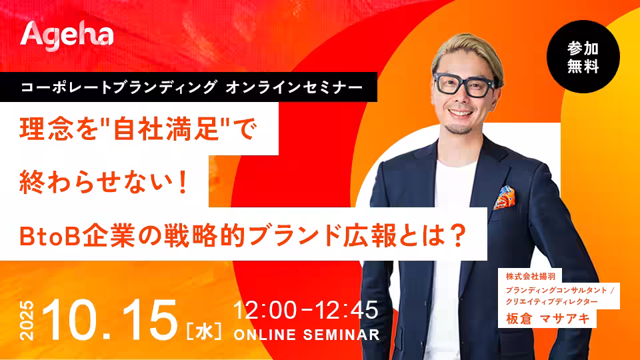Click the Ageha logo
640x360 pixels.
click(67, 36)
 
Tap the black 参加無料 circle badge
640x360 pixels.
click(583, 57)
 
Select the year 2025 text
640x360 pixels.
click(27, 321)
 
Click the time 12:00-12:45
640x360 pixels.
click(306, 310)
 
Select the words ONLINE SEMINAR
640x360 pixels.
click(307, 335)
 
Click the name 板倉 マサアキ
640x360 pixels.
click(548, 319)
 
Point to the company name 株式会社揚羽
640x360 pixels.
click(530, 276)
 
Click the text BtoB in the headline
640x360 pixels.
click(49, 236)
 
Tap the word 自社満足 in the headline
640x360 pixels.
click(167, 130)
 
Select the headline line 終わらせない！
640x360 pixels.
click(104, 182)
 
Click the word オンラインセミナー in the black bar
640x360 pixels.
click(294, 87)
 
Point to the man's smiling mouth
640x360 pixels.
click(460, 112)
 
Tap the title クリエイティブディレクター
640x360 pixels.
click(551, 301)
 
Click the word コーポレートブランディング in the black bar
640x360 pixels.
click(119, 87)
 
